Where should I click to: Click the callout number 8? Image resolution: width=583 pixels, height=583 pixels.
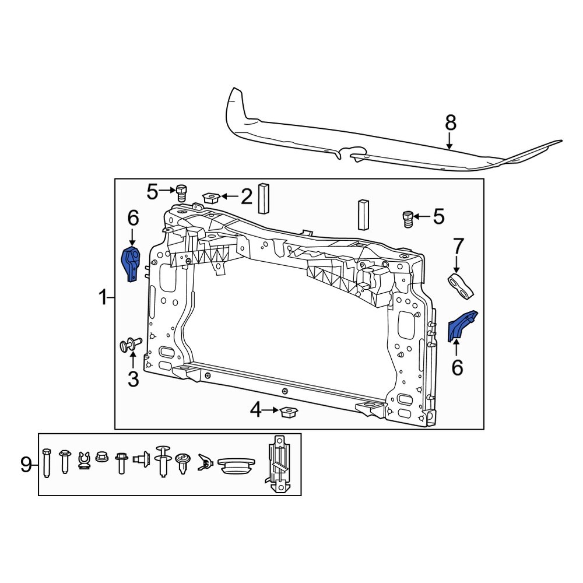point(450,122)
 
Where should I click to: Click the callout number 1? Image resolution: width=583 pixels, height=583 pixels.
point(103,299)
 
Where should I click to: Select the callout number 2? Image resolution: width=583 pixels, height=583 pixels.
point(247,197)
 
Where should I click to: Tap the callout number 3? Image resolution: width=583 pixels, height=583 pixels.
point(133,380)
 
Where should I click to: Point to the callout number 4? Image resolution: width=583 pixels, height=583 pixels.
point(256,411)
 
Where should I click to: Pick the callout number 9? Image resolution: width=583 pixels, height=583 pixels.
point(26,465)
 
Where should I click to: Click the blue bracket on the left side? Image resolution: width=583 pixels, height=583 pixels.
point(131,264)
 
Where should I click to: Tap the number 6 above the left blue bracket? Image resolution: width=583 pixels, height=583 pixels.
point(133,219)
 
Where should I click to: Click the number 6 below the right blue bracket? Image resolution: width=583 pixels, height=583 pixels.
point(456,367)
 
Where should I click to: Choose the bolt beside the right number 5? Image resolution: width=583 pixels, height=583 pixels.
point(408,219)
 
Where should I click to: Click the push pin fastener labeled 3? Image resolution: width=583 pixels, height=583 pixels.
point(129,345)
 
